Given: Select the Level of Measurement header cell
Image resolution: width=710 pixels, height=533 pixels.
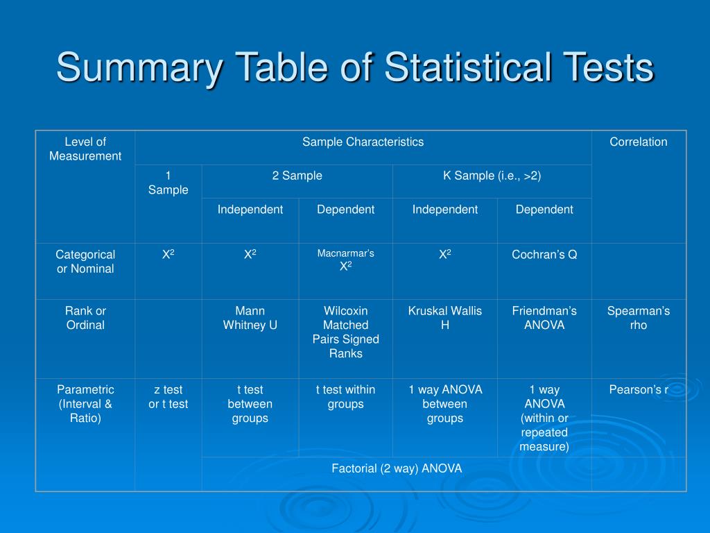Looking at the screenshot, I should (85, 149).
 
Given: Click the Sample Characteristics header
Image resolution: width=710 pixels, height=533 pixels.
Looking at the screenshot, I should (363, 142).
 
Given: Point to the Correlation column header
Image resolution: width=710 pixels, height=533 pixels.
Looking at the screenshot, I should (639, 142).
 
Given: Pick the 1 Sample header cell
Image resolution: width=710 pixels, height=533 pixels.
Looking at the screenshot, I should (168, 183).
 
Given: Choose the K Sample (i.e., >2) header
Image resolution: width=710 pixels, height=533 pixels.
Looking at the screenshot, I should (492, 176).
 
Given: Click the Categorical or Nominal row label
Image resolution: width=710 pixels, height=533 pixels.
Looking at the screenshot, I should (85, 262).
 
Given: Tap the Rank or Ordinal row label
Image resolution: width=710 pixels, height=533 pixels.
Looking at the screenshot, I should (85, 318).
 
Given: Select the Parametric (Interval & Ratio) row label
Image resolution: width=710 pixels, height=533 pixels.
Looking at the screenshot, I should (85, 404).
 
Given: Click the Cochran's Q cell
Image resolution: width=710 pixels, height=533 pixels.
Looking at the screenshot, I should (544, 255).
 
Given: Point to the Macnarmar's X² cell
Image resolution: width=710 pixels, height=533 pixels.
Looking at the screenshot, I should (345, 260).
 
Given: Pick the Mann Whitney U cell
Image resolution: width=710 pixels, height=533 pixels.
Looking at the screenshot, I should (250, 318).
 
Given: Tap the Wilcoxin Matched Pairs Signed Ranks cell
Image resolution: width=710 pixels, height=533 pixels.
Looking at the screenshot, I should (345, 332).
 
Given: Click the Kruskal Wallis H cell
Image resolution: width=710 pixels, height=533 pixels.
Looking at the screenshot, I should (444, 318).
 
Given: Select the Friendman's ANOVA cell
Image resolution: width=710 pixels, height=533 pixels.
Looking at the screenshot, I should (544, 318).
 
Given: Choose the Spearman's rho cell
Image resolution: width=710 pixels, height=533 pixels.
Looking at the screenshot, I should (639, 318).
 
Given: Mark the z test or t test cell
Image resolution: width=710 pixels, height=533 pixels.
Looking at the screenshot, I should (168, 397).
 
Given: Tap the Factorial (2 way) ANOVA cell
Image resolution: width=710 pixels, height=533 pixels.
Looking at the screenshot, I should (397, 468).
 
